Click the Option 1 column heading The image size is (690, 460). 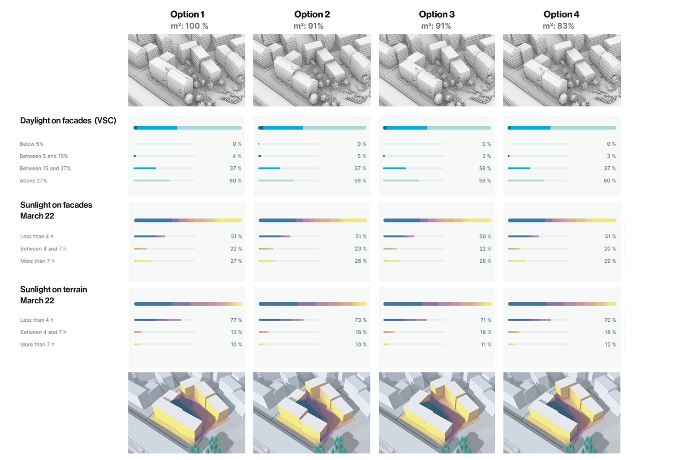[187, 15]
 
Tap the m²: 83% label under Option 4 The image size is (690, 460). [558, 26]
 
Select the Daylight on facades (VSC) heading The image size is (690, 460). [68, 121]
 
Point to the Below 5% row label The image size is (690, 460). [31, 144]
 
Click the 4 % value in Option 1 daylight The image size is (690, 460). [237, 156]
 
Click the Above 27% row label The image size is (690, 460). [33, 181]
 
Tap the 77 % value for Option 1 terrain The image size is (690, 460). [236, 320]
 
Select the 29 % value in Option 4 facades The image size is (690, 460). [610, 261]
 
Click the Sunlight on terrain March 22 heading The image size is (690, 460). [54, 295]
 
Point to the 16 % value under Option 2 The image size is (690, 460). [361, 332]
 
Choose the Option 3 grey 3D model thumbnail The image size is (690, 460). [437, 70]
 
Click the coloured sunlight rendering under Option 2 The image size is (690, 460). [312, 413]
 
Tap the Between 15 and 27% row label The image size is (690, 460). [45, 169]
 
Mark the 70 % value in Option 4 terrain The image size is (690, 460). [610, 320]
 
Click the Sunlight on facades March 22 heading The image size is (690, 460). [56, 210]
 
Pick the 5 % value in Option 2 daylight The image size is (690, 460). [361, 156]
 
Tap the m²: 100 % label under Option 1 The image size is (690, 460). [189, 26]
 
